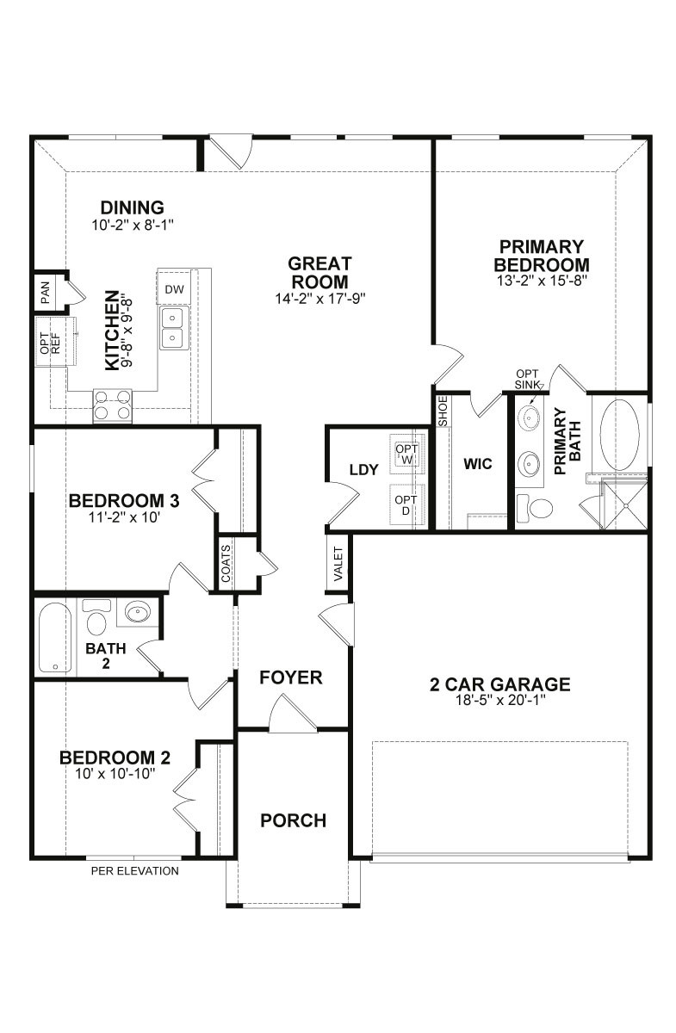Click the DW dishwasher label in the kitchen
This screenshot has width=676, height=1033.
coord(175,289)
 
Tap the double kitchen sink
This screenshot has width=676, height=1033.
coord(175,328)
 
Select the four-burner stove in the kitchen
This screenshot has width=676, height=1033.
coord(112,405)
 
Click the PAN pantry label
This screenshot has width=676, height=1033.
coord(46,293)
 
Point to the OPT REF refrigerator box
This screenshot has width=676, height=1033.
coord(51,342)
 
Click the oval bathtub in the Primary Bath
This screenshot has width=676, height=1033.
coord(619,435)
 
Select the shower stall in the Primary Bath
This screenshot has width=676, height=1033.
coord(625,505)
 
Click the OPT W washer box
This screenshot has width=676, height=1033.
coord(407,454)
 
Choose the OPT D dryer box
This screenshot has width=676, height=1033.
coord(406,505)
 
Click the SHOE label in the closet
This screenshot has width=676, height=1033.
coord(443,411)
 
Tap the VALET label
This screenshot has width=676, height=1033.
coord(338,564)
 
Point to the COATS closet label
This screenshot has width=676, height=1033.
coord(226,563)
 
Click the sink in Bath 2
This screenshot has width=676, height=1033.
coord(138,612)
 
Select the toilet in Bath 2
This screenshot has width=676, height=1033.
coord(96,616)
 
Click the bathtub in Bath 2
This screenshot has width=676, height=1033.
coord(55,637)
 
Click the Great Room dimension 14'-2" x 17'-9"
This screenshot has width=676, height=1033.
coord(320,299)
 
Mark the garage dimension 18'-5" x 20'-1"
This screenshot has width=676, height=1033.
coord(500,701)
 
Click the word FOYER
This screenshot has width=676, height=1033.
coord(291,677)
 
